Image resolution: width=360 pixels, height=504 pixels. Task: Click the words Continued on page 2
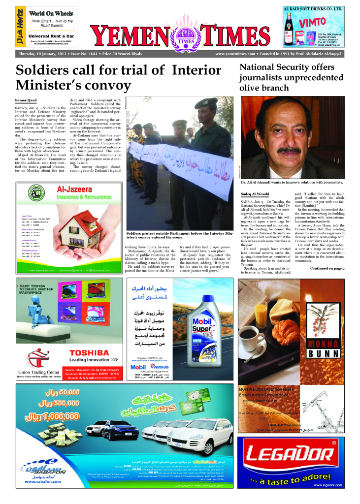[x=327, y=268]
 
